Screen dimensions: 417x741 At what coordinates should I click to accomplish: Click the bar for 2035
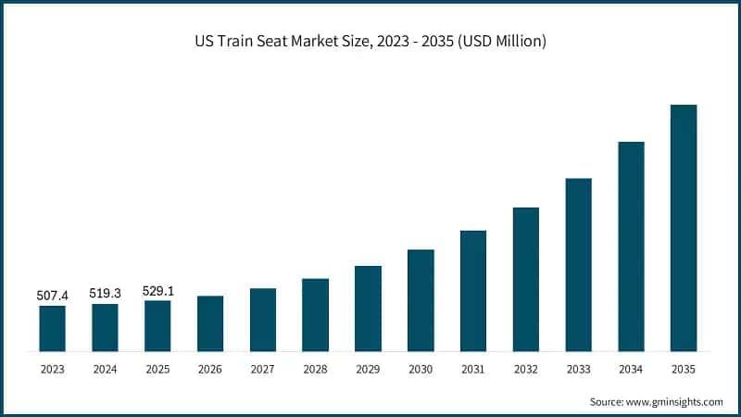click(684, 228)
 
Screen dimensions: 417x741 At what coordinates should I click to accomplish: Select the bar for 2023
click(53, 328)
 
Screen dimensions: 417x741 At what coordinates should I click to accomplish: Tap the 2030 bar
click(421, 300)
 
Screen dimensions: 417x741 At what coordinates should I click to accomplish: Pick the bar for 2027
click(263, 320)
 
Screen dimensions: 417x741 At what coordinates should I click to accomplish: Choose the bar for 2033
click(578, 265)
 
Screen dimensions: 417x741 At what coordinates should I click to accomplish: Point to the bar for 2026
click(210, 323)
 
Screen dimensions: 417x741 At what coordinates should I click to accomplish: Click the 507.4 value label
click(53, 295)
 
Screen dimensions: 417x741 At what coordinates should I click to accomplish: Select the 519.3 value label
click(105, 293)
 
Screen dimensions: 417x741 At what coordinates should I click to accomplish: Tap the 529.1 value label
click(157, 290)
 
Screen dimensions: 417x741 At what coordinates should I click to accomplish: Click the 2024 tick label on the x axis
click(105, 369)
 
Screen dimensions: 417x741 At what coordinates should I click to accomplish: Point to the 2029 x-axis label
click(368, 369)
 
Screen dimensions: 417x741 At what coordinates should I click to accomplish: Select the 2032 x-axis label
click(525, 369)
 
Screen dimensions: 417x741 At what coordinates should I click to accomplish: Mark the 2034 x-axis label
click(631, 369)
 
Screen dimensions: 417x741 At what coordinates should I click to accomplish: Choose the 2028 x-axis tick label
click(315, 369)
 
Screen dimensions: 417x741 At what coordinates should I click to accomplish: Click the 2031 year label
click(473, 369)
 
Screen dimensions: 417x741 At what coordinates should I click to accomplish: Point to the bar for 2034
click(631, 246)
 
